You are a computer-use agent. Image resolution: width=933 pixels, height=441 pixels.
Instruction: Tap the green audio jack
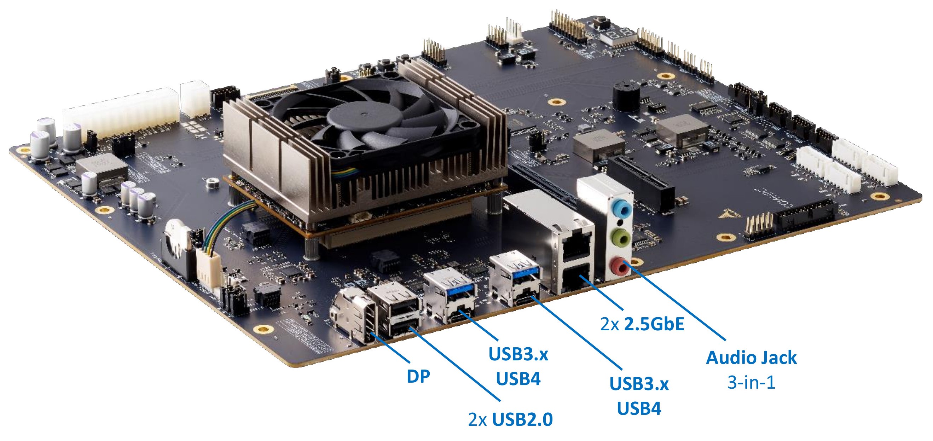click(620, 238)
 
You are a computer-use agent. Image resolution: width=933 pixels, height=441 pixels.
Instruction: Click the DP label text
click(418, 377)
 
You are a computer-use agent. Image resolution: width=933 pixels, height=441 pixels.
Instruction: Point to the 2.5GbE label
click(642, 324)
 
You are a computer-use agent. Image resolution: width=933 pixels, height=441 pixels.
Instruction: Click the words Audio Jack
click(751, 358)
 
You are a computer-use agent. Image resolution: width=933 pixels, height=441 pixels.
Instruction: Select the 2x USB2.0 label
click(510, 420)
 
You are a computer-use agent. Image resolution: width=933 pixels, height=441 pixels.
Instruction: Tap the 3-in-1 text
click(751, 382)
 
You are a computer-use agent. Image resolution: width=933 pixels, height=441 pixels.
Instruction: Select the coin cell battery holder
click(178, 250)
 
